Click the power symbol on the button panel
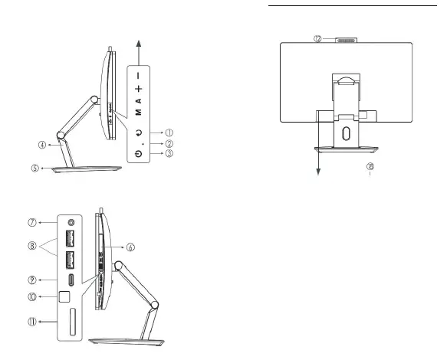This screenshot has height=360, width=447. coord(137,153)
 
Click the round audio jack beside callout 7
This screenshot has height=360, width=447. coord(71,223)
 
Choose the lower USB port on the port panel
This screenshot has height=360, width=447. coord(71,259)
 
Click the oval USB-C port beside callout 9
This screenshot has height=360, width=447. coord(71,279)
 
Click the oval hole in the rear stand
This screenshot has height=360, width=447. coord(344,132)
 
